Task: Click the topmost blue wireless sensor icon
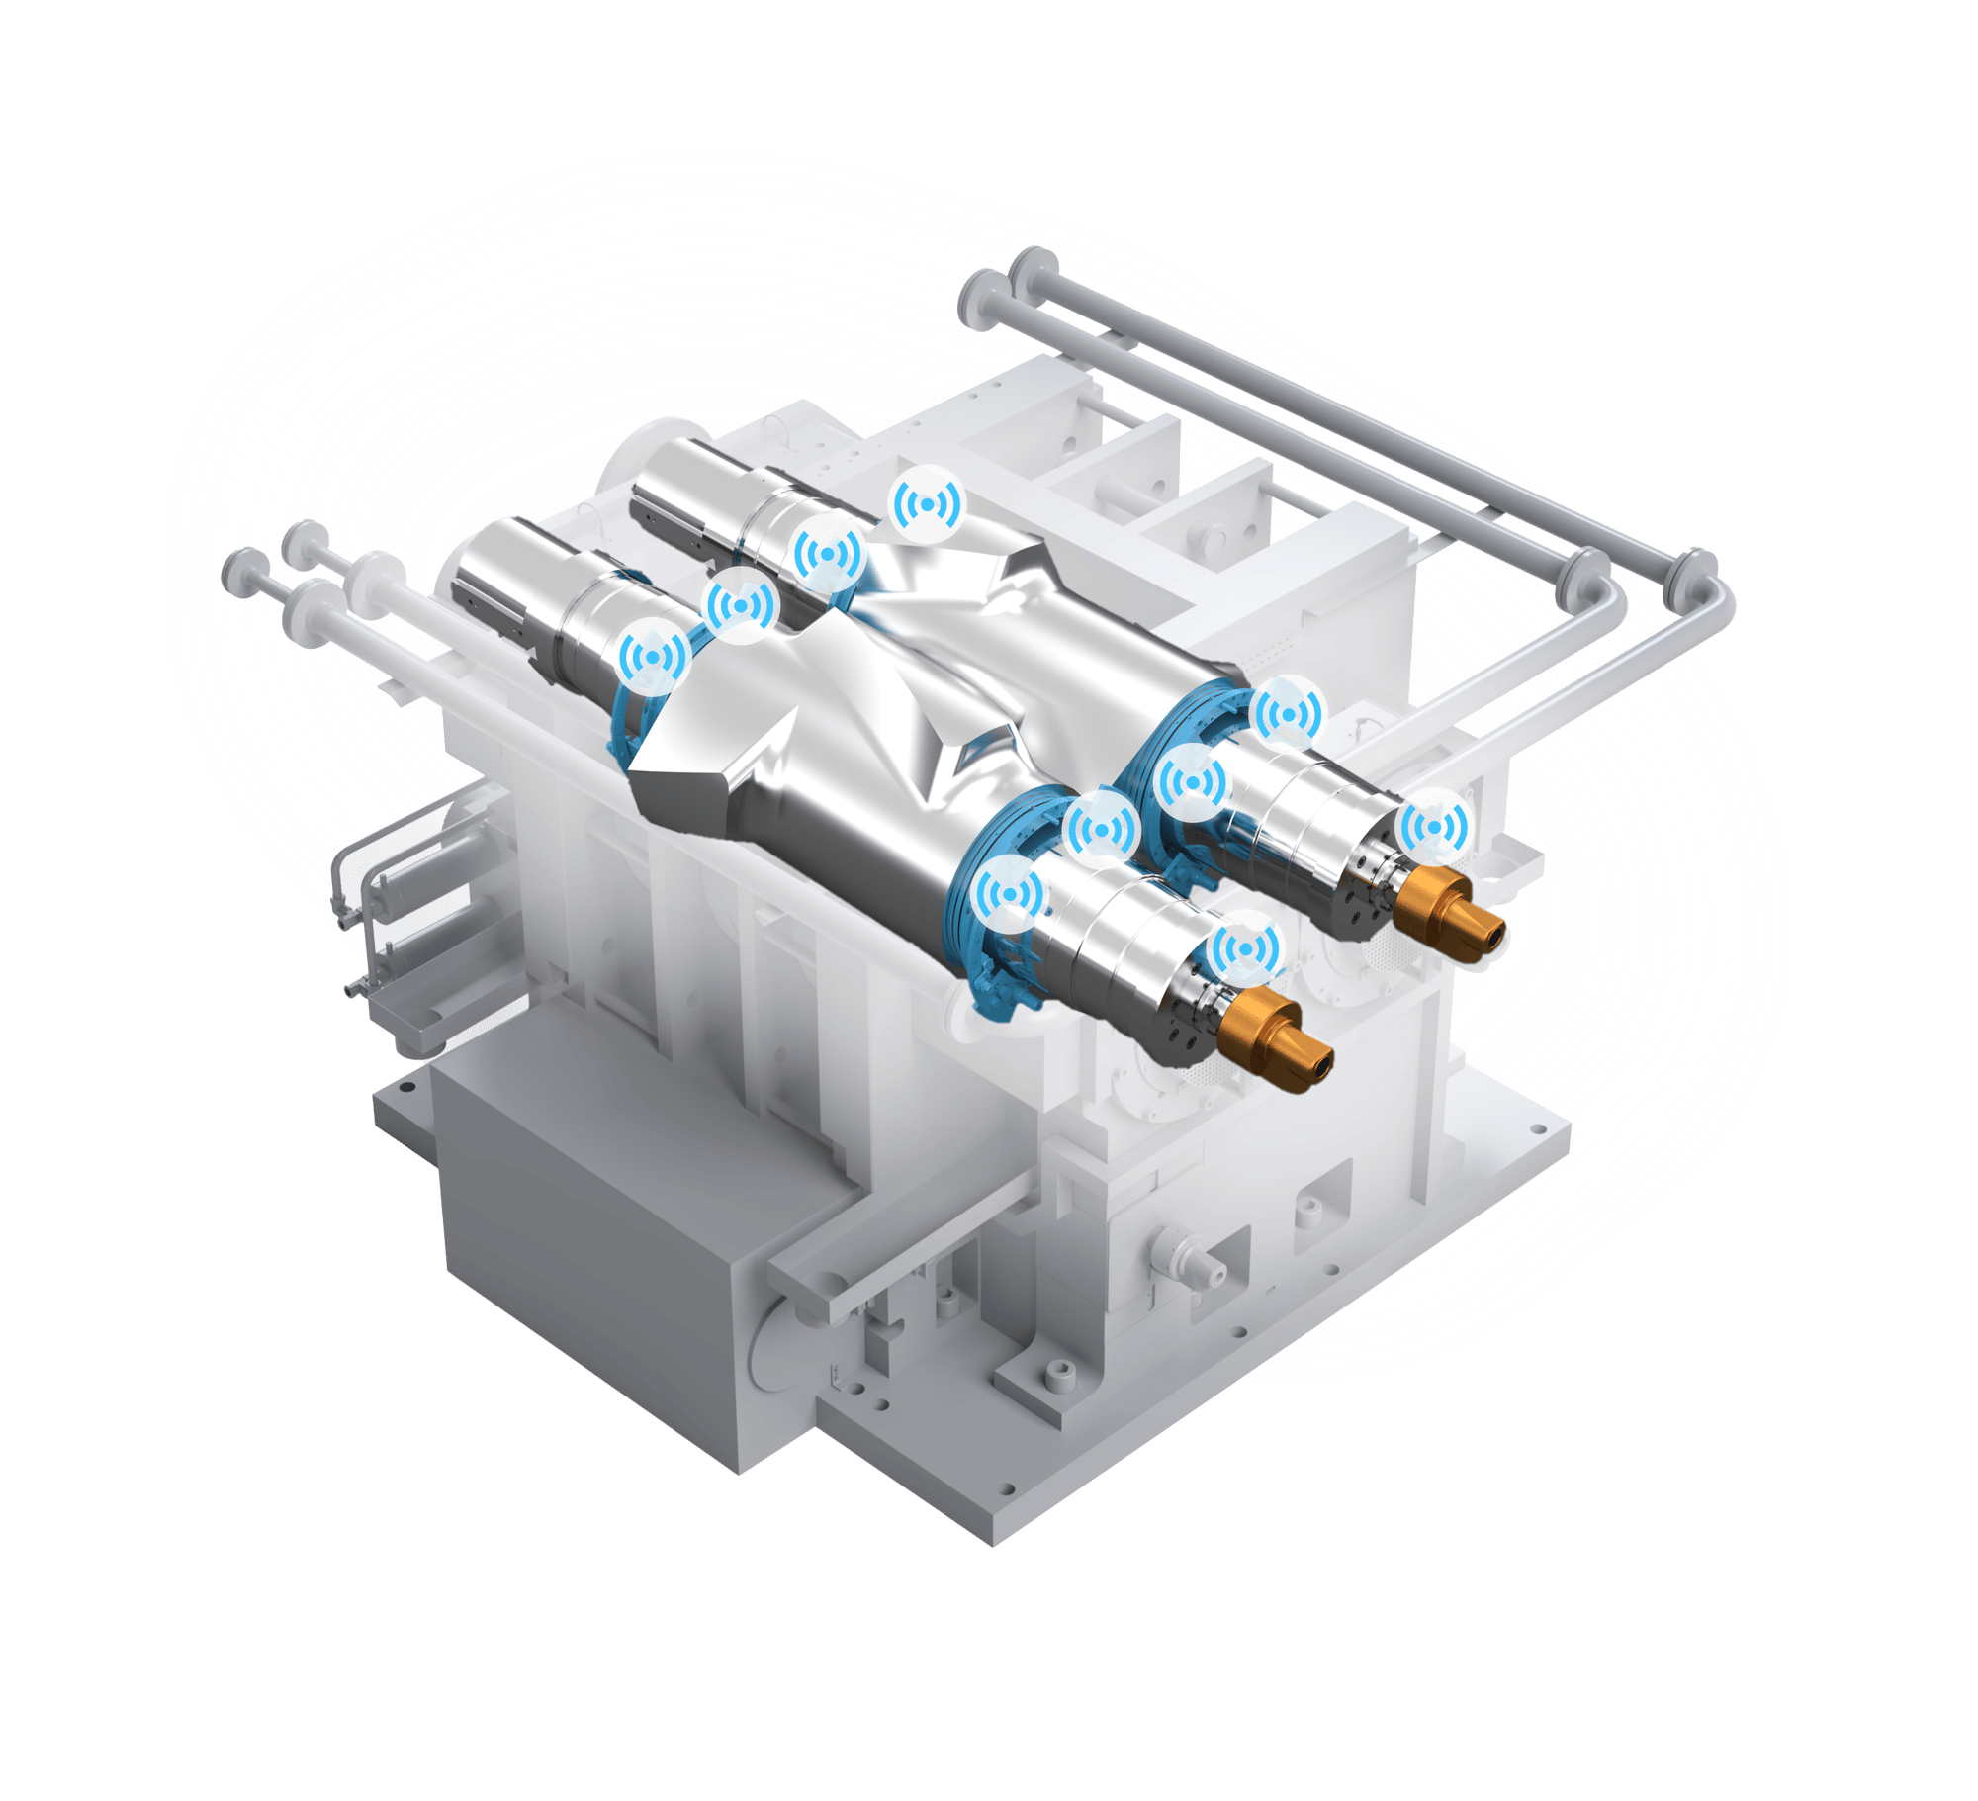(x=927, y=505)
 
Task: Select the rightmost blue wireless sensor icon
(x=1433, y=826)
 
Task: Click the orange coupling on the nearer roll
(x=1275, y=1039)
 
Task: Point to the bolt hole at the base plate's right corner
(x=1538, y=1128)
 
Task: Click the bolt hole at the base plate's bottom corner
(x=1008, y=1514)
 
